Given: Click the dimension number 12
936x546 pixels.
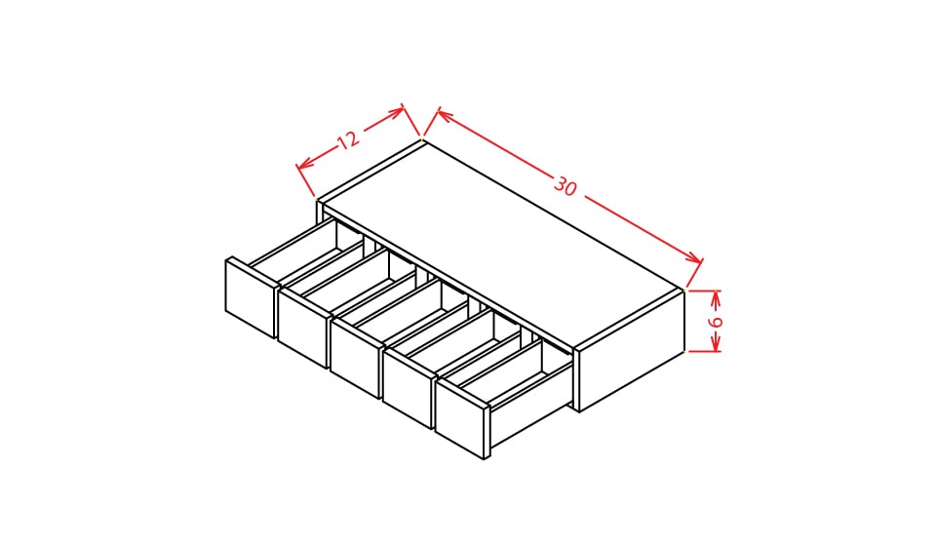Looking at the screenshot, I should tap(348, 140).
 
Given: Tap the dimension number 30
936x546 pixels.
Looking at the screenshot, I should tap(565, 186).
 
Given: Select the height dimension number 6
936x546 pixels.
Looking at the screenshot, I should tap(715, 322).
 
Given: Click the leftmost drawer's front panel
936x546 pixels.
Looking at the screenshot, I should tap(251, 298).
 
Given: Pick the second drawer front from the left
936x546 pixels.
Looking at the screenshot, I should tap(302, 328).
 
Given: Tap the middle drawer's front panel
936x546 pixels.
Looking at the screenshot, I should tap(355, 358).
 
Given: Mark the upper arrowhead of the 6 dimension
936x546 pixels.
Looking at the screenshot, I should tap(716, 296).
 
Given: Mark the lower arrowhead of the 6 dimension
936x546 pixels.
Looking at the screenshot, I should tap(716, 345).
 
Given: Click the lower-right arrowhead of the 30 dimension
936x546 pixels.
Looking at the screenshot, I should tap(695, 259).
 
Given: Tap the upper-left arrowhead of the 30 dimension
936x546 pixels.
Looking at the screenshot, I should tap(444, 114).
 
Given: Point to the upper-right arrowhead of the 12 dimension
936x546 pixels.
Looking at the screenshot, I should tap(397, 111).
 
